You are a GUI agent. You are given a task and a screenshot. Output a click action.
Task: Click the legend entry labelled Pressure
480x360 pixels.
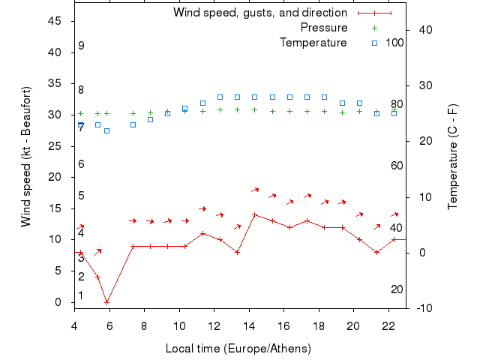[x=323, y=28]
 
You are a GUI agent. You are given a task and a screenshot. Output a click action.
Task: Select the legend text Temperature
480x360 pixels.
[x=313, y=43]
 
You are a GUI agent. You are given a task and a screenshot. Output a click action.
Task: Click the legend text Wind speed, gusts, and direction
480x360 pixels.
[x=259, y=13]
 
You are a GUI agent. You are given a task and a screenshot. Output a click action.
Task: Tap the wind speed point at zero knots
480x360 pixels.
[x=107, y=302]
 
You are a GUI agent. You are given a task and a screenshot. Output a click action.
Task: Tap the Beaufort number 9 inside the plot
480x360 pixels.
[x=81, y=46]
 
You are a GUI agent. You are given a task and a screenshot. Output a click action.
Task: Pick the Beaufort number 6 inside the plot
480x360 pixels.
[x=81, y=164]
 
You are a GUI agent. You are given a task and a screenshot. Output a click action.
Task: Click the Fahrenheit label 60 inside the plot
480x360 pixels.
[x=397, y=166]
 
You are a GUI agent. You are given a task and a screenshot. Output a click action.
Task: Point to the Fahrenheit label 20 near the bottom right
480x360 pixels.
[x=397, y=289]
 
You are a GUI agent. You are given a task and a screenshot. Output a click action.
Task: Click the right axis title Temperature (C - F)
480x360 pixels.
[x=453, y=157]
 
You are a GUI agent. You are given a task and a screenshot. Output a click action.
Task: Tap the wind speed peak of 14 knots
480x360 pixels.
[x=255, y=214]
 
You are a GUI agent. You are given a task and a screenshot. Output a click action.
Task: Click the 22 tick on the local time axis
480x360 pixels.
[x=388, y=326]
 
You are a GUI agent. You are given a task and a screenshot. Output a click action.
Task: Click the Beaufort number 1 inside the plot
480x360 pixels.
[x=81, y=295]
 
